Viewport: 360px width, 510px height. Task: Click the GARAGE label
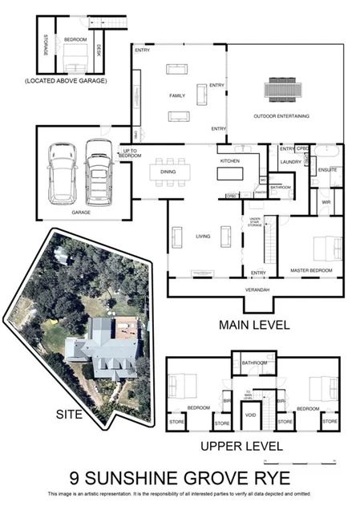click(x=82, y=213)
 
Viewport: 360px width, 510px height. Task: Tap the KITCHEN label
click(x=231, y=160)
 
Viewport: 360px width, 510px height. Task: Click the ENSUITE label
click(x=327, y=170)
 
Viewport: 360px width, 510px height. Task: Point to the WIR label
click(x=326, y=202)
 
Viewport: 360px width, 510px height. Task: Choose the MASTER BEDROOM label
click(x=311, y=271)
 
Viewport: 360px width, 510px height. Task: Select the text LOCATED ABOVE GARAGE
click(x=66, y=81)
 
